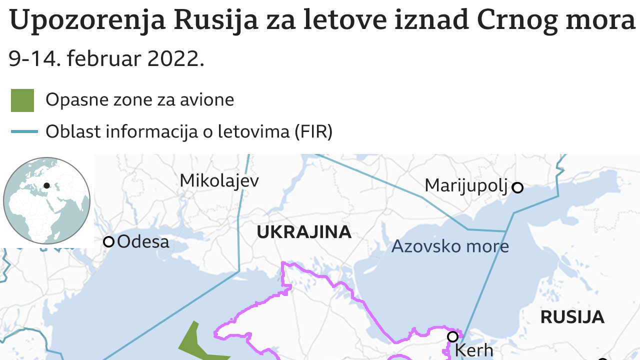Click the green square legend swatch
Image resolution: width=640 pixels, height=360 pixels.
click(22, 100)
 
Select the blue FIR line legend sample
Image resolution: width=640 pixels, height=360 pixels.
click(24, 131)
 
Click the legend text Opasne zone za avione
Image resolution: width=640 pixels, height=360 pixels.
click(140, 100)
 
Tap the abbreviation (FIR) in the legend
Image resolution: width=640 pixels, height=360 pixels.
click(313, 131)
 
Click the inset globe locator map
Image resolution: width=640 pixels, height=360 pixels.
click(46, 200)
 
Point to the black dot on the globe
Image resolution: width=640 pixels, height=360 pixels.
click(46, 185)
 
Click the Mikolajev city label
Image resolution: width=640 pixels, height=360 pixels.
click(219, 180)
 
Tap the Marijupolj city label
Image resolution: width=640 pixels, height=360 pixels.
click(466, 185)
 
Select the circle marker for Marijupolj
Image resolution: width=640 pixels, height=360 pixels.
click(518, 188)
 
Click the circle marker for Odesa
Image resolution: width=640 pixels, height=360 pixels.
click(108, 242)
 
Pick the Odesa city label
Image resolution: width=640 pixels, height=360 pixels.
click(143, 242)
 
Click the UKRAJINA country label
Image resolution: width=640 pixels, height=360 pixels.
click(304, 232)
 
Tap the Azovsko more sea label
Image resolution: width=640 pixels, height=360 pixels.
click(450, 246)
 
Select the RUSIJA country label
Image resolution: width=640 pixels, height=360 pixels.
click(572, 317)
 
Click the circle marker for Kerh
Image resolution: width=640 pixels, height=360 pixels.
click(452, 336)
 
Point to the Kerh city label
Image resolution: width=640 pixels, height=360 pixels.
click(474, 350)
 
